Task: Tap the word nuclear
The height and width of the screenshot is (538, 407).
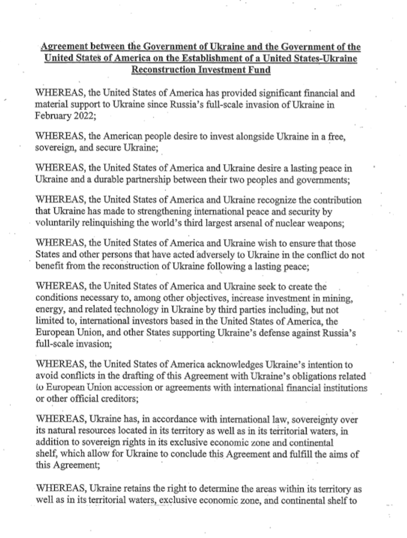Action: [288, 223]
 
